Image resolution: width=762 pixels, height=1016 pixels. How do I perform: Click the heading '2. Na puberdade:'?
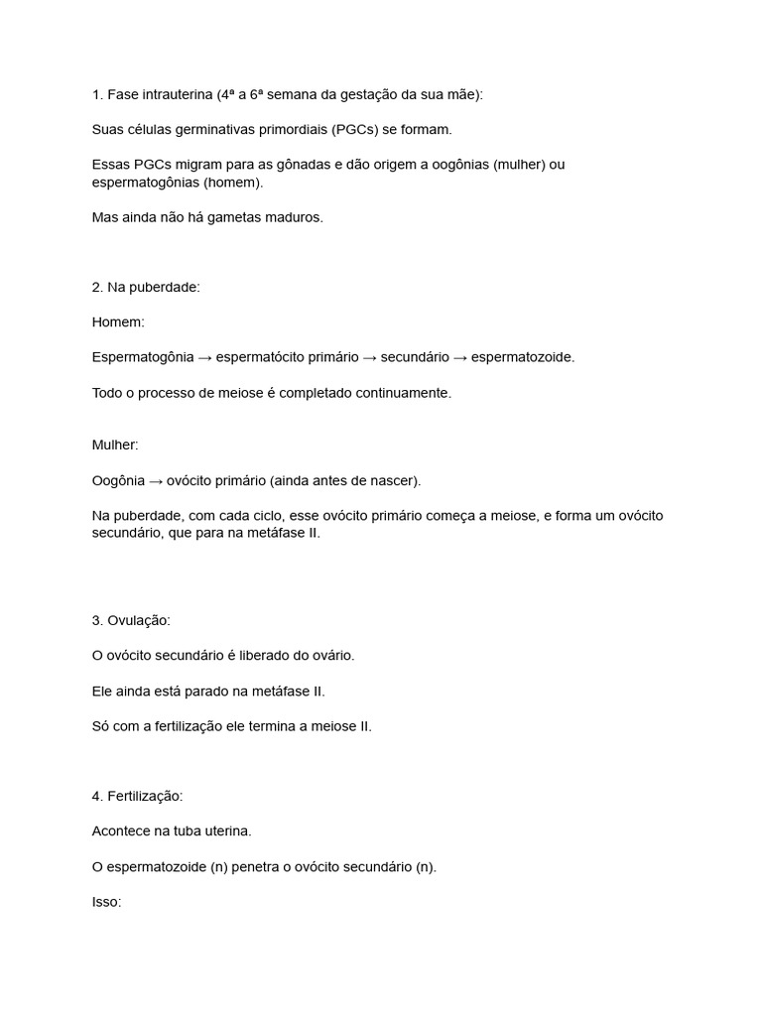click(x=146, y=287)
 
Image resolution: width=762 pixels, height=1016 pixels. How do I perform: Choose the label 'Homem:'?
click(x=118, y=322)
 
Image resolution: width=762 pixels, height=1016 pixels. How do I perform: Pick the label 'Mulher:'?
click(x=115, y=445)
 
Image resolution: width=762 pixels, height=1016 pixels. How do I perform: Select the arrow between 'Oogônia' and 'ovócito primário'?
click(x=156, y=481)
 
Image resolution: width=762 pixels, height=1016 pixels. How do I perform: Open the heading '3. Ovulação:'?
click(x=131, y=620)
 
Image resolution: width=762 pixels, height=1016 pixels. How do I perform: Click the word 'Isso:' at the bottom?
click(x=106, y=903)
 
